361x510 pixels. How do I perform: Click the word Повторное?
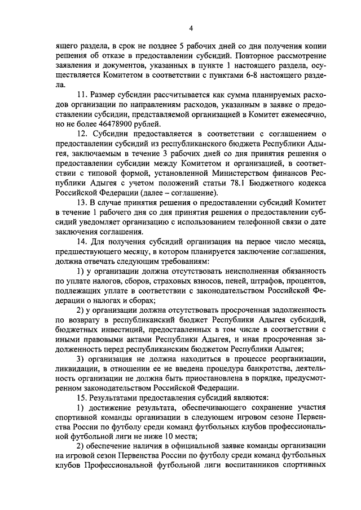click(x=254, y=57)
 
